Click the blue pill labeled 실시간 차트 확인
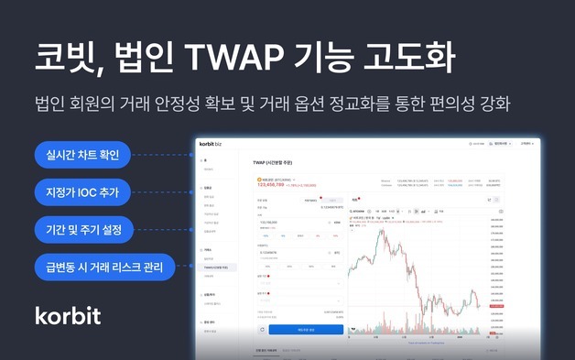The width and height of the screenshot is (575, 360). pyautogui.click(x=83, y=154)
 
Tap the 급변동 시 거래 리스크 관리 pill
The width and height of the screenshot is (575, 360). pyautogui.click(x=104, y=267)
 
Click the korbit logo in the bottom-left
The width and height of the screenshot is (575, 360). pyautogui.click(x=68, y=315)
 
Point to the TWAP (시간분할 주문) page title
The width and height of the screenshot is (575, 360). pyautogui.click(x=278, y=162)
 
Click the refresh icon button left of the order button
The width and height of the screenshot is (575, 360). pyautogui.click(x=261, y=329)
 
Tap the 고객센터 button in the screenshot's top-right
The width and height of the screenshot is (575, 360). pyautogui.click(x=526, y=144)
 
